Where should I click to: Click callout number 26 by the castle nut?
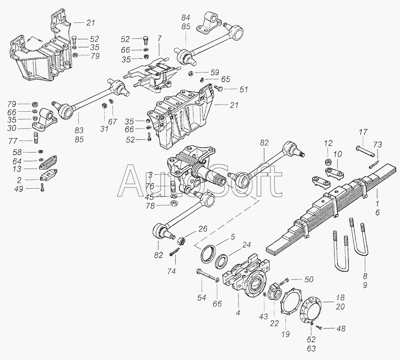pyautogui.click(x=203, y=229)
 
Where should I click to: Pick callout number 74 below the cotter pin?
pyautogui.click(x=171, y=271)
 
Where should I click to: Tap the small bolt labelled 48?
pyautogui.click(x=318, y=327)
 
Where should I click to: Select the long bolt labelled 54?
pyautogui.click(x=206, y=276)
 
